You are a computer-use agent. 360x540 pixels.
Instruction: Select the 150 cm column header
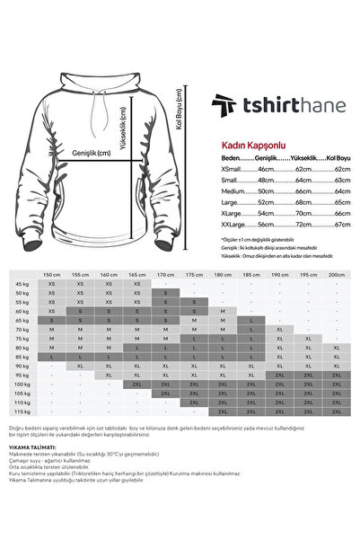coord(52,275)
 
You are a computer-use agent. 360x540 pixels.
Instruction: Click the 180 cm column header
coord(223,275)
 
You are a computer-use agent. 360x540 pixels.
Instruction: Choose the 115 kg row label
coord(21,412)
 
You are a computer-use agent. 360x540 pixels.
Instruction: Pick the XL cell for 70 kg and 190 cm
coord(279,329)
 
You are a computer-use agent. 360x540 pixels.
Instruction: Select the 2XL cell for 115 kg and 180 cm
coord(223,412)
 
